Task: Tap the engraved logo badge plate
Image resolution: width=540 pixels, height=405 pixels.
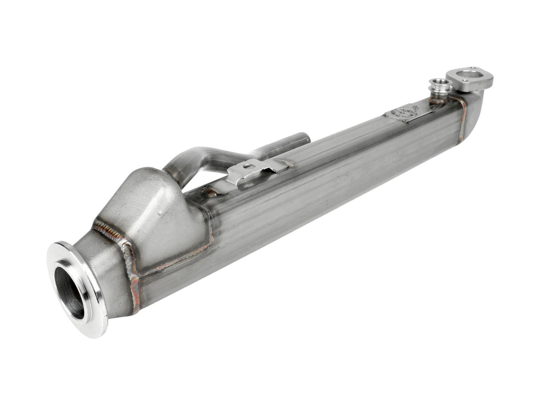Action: (404, 112)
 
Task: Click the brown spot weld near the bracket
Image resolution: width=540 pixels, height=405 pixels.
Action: (210, 192)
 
